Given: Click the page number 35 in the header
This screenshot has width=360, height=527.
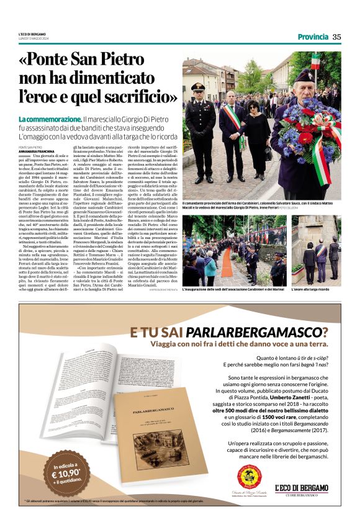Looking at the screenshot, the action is pyautogui.click(x=336, y=37).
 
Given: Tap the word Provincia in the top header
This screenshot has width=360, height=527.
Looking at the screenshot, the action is pyautogui.click(x=312, y=37).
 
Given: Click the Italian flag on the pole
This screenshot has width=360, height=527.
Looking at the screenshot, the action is pyautogui.click(x=316, y=61).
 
